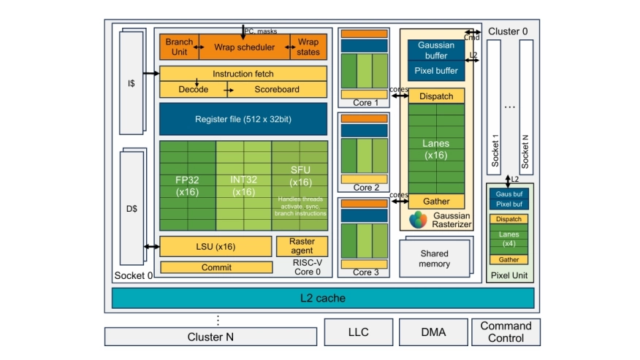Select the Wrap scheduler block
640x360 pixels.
pyautogui.click(x=244, y=47)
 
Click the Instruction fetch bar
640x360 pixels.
pyautogui.click(x=243, y=74)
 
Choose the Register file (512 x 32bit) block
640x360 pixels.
pyautogui.click(x=243, y=118)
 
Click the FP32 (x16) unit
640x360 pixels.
pyautogui.click(x=187, y=185)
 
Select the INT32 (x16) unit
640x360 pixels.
pyautogui.click(x=243, y=185)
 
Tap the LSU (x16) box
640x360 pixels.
pyautogui.click(x=215, y=246)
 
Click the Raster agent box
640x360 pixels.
pyautogui.click(x=302, y=246)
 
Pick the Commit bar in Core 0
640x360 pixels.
pyautogui.click(x=216, y=267)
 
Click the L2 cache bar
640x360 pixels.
pyautogui.click(x=323, y=298)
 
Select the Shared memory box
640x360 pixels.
pyautogui.click(x=435, y=257)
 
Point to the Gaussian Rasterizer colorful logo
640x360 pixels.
pyautogui.click(x=419, y=219)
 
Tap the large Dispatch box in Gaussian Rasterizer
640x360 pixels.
pyautogui.click(x=436, y=96)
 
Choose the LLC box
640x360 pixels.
pyautogui.click(x=358, y=332)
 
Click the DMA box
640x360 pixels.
pyautogui.click(x=433, y=332)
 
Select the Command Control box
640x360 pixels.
pyautogui.click(x=506, y=332)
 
